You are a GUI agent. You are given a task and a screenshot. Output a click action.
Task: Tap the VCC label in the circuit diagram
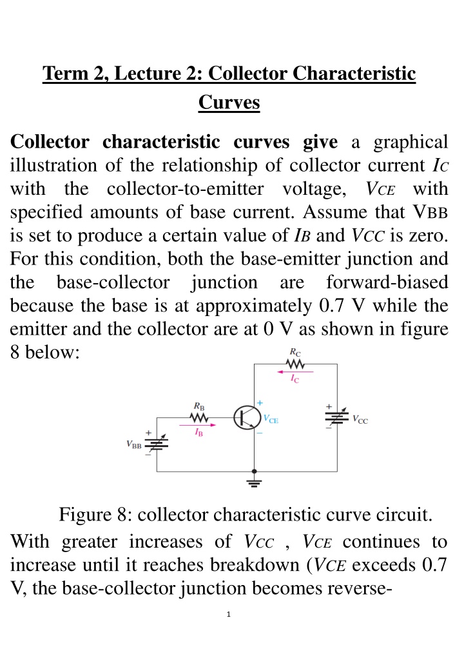click(360, 419)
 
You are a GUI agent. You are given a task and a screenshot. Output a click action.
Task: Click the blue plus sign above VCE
click(260, 403)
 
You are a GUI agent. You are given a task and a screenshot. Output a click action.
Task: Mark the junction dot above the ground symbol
click(255, 472)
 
